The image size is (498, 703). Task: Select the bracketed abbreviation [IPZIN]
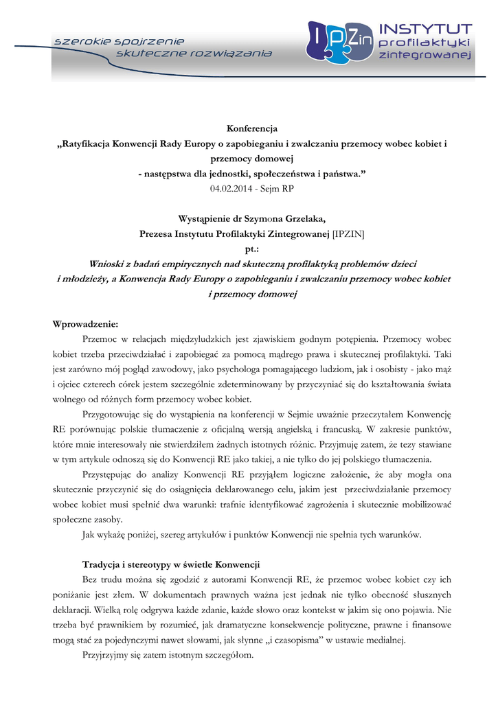pos(348,234)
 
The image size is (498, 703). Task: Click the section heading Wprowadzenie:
pos(86,324)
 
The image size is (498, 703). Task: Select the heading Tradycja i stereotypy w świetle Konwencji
pos(170,564)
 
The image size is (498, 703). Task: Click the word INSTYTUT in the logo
pos(426,29)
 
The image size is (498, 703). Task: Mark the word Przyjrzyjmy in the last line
pos(111,655)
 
